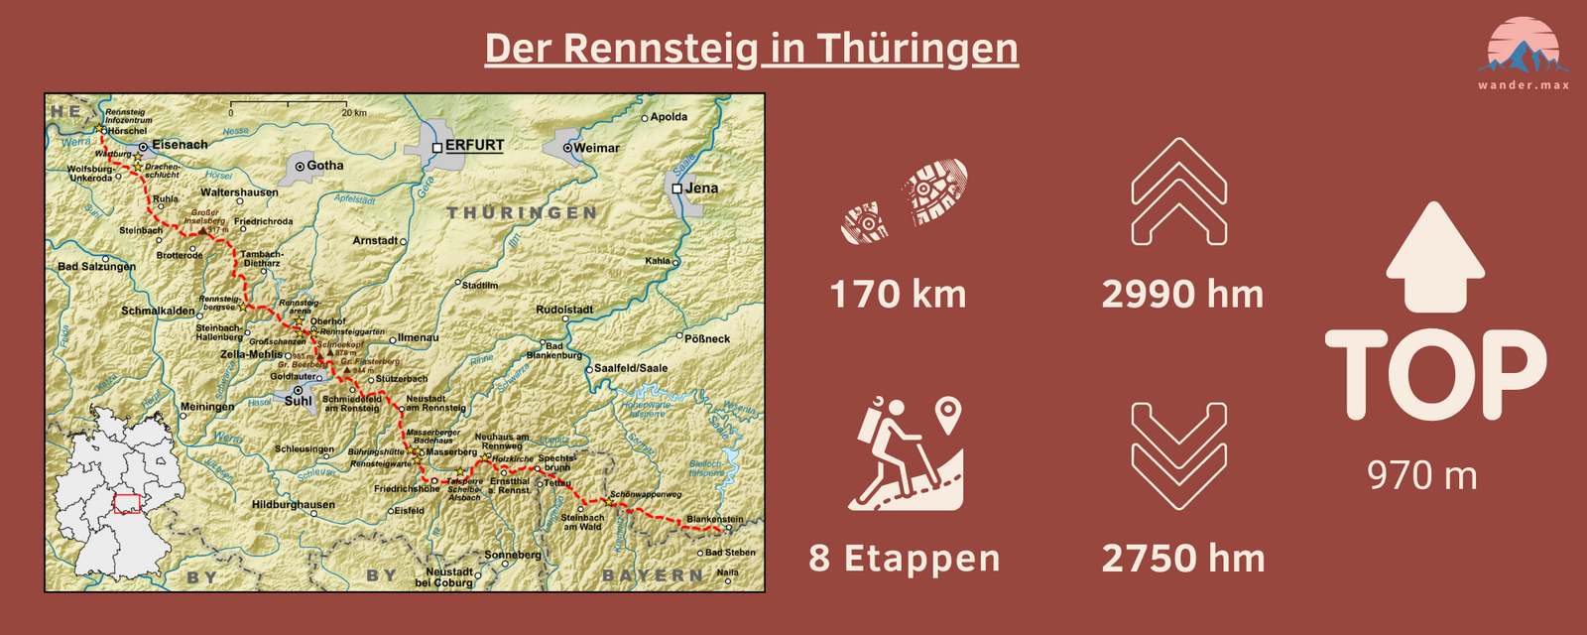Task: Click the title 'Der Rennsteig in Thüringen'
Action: pyautogui.click(x=751, y=49)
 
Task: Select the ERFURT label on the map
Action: pyautogui.click(x=474, y=145)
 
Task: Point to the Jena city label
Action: pyautogui.click(x=701, y=188)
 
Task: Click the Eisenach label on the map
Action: pyautogui.click(x=180, y=145)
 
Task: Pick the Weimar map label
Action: pyautogui.click(x=596, y=148)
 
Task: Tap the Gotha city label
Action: pyautogui.click(x=324, y=166)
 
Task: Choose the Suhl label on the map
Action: pyautogui.click(x=298, y=401)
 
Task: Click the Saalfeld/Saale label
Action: pyautogui.click(x=631, y=368)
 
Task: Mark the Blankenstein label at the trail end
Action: pyautogui.click(x=714, y=519)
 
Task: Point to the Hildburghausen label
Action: pyautogui.click(x=293, y=504)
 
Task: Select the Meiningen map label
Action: pyautogui.click(x=207, y=407)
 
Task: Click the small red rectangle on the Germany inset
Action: pyautogui.click(x=127, y=504)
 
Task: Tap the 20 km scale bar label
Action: pyautogui.click(x=354, y=112)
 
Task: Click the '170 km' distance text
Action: pyautogui.click(x=898, y=295)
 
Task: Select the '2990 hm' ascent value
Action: pyautogui.click(x=1182, y=295)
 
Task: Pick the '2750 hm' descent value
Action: pyautogui.click(x=1182, y=559)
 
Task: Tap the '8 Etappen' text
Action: pyautogui.click(x=904, y=559)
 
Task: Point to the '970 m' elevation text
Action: pyautogui.click(x=1422, y=476)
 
